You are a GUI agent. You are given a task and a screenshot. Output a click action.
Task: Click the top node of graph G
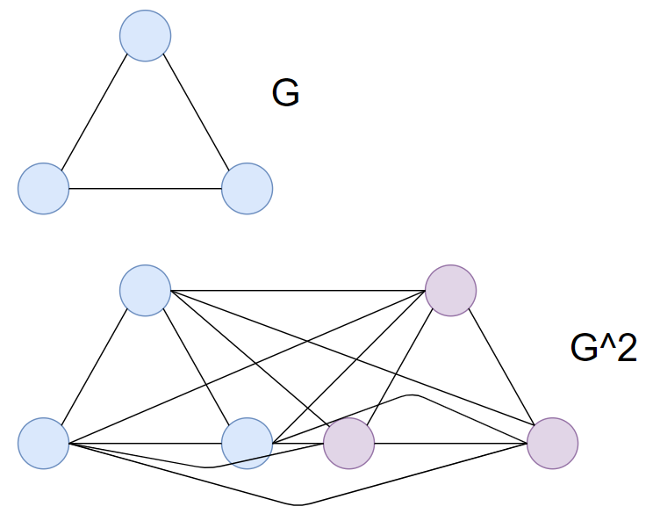(x=146, y=36)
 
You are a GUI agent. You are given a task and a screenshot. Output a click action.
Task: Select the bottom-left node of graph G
(x=43, y=188)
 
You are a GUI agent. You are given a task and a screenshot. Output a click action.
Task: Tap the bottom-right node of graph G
(x=248, y=188)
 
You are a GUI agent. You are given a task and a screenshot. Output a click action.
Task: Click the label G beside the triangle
(x=285, y=93)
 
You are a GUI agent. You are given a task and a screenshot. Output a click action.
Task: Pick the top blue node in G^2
(x=146, y=290)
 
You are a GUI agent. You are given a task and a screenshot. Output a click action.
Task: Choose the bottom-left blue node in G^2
(x=43, y=442)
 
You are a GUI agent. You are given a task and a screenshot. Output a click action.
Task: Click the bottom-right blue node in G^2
(x=248, y=442)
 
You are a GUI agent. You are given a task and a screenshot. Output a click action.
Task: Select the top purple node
(x=450, y=290)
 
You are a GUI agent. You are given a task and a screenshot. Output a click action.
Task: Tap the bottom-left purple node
(x=349, y=442)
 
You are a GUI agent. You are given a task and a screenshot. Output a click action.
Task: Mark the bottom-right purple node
(x=552, y=442)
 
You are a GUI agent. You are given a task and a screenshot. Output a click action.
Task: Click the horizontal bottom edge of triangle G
(x=145, y=189)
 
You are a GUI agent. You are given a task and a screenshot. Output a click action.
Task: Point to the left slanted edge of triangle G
(x=95, y=112)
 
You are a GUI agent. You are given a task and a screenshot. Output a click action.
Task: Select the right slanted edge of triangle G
(x=197, y=112)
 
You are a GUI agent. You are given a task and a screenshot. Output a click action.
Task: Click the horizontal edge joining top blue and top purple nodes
(x=298, y=290)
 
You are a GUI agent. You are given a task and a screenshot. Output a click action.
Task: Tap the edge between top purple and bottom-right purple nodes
(x=501, y=365)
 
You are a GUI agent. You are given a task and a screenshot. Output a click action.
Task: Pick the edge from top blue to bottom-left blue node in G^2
(x=95, y=365)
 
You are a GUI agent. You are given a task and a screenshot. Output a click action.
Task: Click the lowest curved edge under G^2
(x=298, y=504)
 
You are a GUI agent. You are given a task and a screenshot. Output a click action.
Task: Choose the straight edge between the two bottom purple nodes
(x=450, y=442)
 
